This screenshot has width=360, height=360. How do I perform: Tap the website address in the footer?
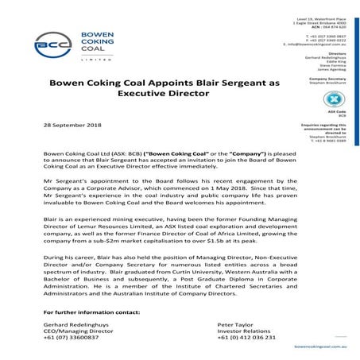pos(322,347)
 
